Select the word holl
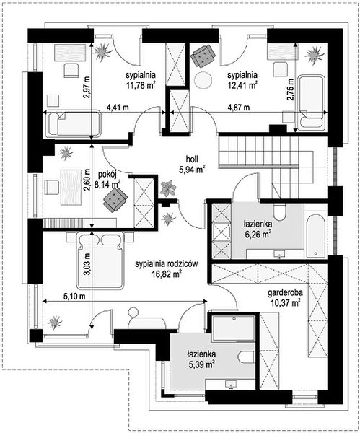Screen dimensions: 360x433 coord(192,159)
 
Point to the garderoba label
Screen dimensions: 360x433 coord(285,293)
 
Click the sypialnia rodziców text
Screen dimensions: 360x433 coord(167,264)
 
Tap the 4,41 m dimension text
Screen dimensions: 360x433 coord(118,108)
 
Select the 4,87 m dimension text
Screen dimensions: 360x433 coord(239,108)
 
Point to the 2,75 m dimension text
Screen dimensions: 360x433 coord(291,90)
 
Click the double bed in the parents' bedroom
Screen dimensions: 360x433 coord(100,261)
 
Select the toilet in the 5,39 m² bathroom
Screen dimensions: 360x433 coord(247,358)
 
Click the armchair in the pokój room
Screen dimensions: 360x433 coord(115,201)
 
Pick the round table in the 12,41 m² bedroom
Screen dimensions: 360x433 coord(203,80)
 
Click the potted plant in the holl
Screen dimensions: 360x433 coord(168,188)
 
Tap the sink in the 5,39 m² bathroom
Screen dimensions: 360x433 coord(231,385)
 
